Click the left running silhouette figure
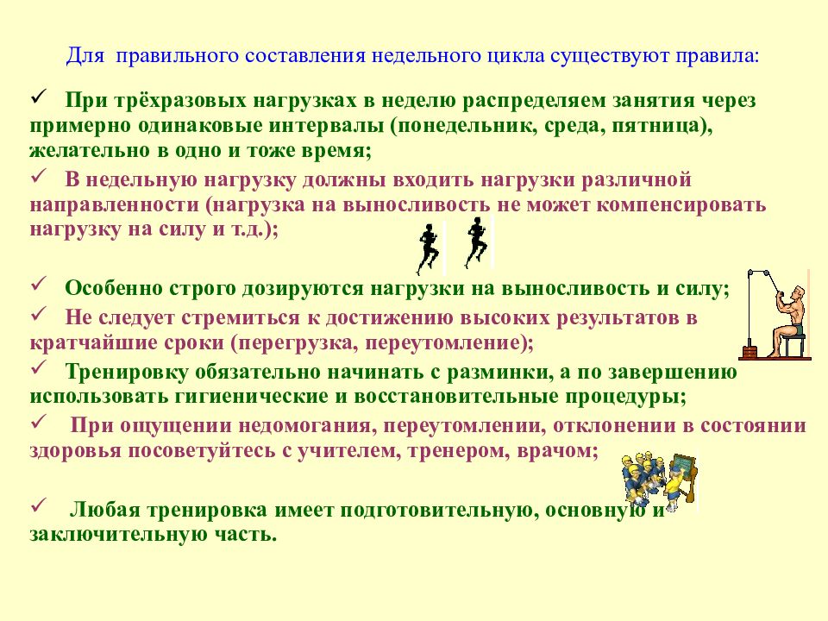click(428, 248)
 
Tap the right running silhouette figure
click(476, 241)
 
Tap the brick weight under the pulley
click(749, 351)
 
